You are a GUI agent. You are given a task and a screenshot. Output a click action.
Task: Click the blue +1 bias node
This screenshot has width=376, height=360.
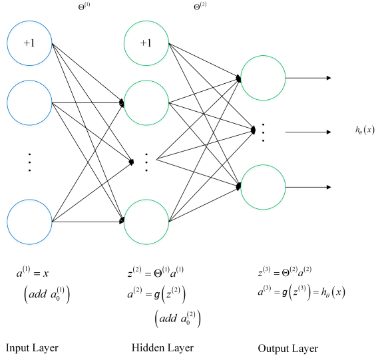pos(29,43)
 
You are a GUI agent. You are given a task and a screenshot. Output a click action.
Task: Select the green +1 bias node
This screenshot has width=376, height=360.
pos(146,43)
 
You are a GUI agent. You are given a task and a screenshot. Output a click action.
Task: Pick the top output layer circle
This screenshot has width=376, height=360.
pos(263,78)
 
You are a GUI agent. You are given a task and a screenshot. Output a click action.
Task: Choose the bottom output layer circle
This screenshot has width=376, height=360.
pos(263,186)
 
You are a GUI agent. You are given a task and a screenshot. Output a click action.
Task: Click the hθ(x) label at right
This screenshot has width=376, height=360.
pos(365,130)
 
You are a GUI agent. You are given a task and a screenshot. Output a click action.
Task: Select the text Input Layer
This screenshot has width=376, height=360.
pos(32,347)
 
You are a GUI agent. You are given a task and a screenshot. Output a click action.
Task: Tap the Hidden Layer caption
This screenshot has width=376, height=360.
pos(162,347)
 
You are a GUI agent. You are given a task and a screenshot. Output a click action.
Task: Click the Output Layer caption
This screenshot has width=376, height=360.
pos(287,348)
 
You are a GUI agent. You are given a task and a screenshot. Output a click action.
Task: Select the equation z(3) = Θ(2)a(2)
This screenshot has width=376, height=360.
pos(283,272)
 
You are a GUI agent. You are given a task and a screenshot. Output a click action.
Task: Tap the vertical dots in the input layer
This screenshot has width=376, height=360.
pos(29,162)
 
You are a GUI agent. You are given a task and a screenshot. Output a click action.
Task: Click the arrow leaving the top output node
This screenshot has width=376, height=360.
pos(308,78)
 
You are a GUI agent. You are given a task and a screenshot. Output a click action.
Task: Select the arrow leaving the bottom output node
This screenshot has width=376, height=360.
pos(308,186)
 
